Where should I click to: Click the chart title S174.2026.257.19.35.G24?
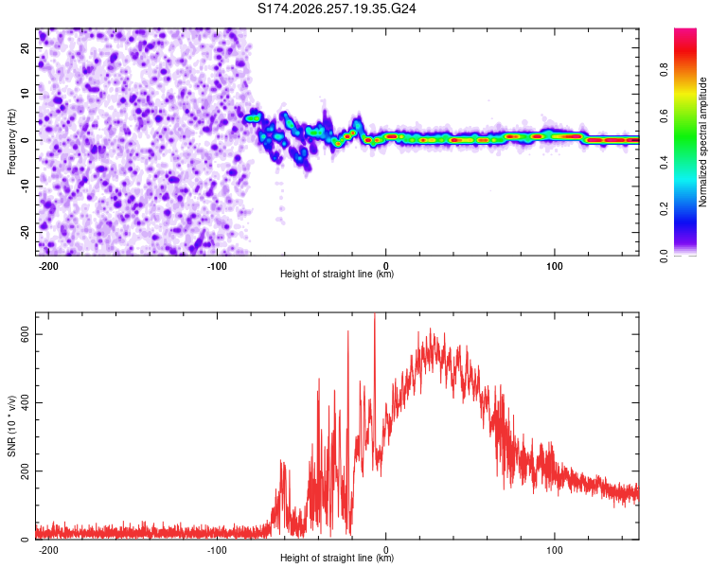point(336,9)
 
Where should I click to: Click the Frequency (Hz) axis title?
point(11,142)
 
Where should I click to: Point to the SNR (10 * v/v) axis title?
point(11,426)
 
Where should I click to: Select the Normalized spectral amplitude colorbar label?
point(702,142)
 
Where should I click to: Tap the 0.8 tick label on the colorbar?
point(664,70)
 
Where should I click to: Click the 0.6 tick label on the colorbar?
point(664,116)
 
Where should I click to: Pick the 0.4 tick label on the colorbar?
point(664,163)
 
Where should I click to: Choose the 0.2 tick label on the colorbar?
point(664,209)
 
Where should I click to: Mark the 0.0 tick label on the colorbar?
point(664,256)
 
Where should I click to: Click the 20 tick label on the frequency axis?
point(26,48)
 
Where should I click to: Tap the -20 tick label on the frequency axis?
point(26,232)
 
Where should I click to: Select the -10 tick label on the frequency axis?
point(26,186)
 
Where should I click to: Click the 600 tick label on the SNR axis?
point(26,335)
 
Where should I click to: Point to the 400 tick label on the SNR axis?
point(26,402)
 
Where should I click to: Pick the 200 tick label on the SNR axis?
point(26,471)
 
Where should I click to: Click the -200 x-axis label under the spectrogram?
point(47,266)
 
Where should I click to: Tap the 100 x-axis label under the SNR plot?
point(555,550)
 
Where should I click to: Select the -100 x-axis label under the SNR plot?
point(217,550)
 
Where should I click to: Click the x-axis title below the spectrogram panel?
point(337,274)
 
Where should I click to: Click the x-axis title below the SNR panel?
point(337,558)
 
